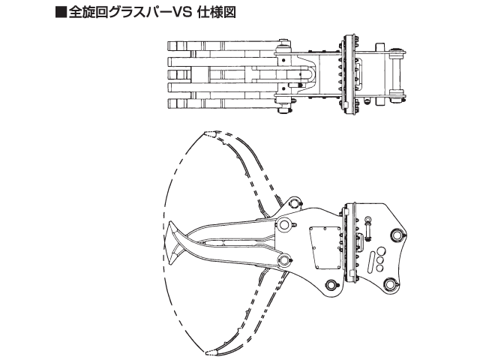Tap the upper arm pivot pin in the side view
[286, 226]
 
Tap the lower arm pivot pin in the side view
[286, 260]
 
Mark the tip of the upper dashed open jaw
[208, 133]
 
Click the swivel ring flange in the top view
[348, 75]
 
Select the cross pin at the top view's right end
[397, 75]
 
